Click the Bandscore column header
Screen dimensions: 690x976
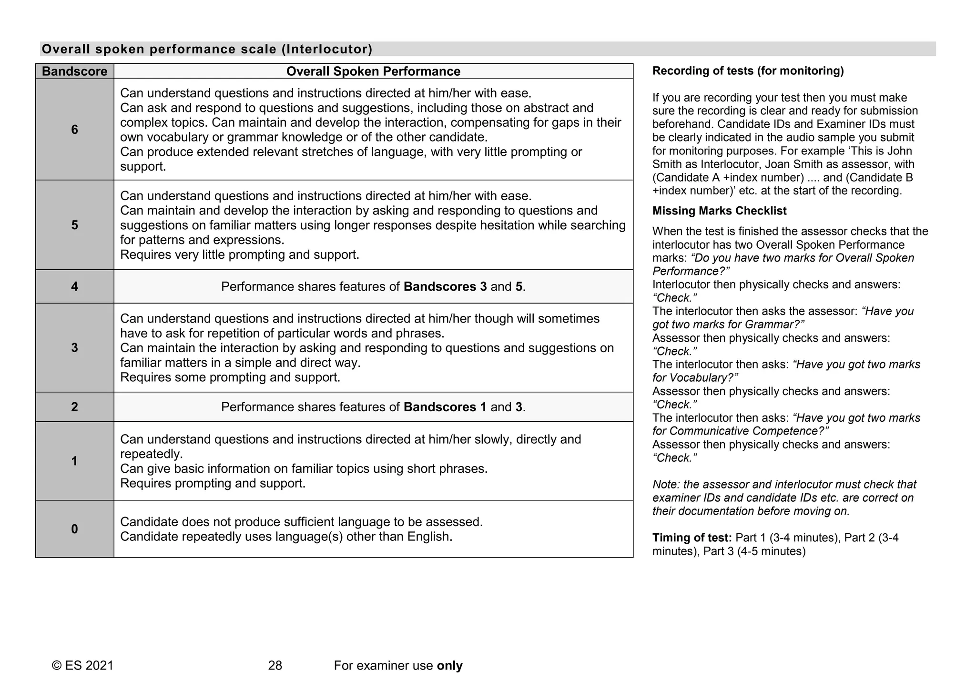click(74, 71)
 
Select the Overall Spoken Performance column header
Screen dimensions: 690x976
click(373, 71)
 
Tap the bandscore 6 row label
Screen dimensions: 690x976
click(74, 130)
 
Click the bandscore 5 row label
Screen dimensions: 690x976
click(74, 225)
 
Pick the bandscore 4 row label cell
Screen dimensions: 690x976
click(74, 286)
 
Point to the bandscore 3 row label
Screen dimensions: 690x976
click(74, 347)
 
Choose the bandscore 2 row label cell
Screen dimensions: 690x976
click(74, 407)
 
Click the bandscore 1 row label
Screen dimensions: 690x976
click(74, 461)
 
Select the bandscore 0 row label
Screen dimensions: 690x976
click(74, 529)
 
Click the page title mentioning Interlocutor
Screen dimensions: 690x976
click(207, 49)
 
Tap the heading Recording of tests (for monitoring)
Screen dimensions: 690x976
click(748, 71)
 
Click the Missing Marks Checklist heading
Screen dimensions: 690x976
click(719, 211)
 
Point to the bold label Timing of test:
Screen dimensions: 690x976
click(691, 538)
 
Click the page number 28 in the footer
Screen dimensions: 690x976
click(275, 666)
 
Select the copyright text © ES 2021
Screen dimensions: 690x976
click(82, 666)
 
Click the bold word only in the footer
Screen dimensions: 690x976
click(449, 666)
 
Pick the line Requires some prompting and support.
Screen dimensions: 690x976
click(230, 377)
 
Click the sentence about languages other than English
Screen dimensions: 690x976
click(286, 537)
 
